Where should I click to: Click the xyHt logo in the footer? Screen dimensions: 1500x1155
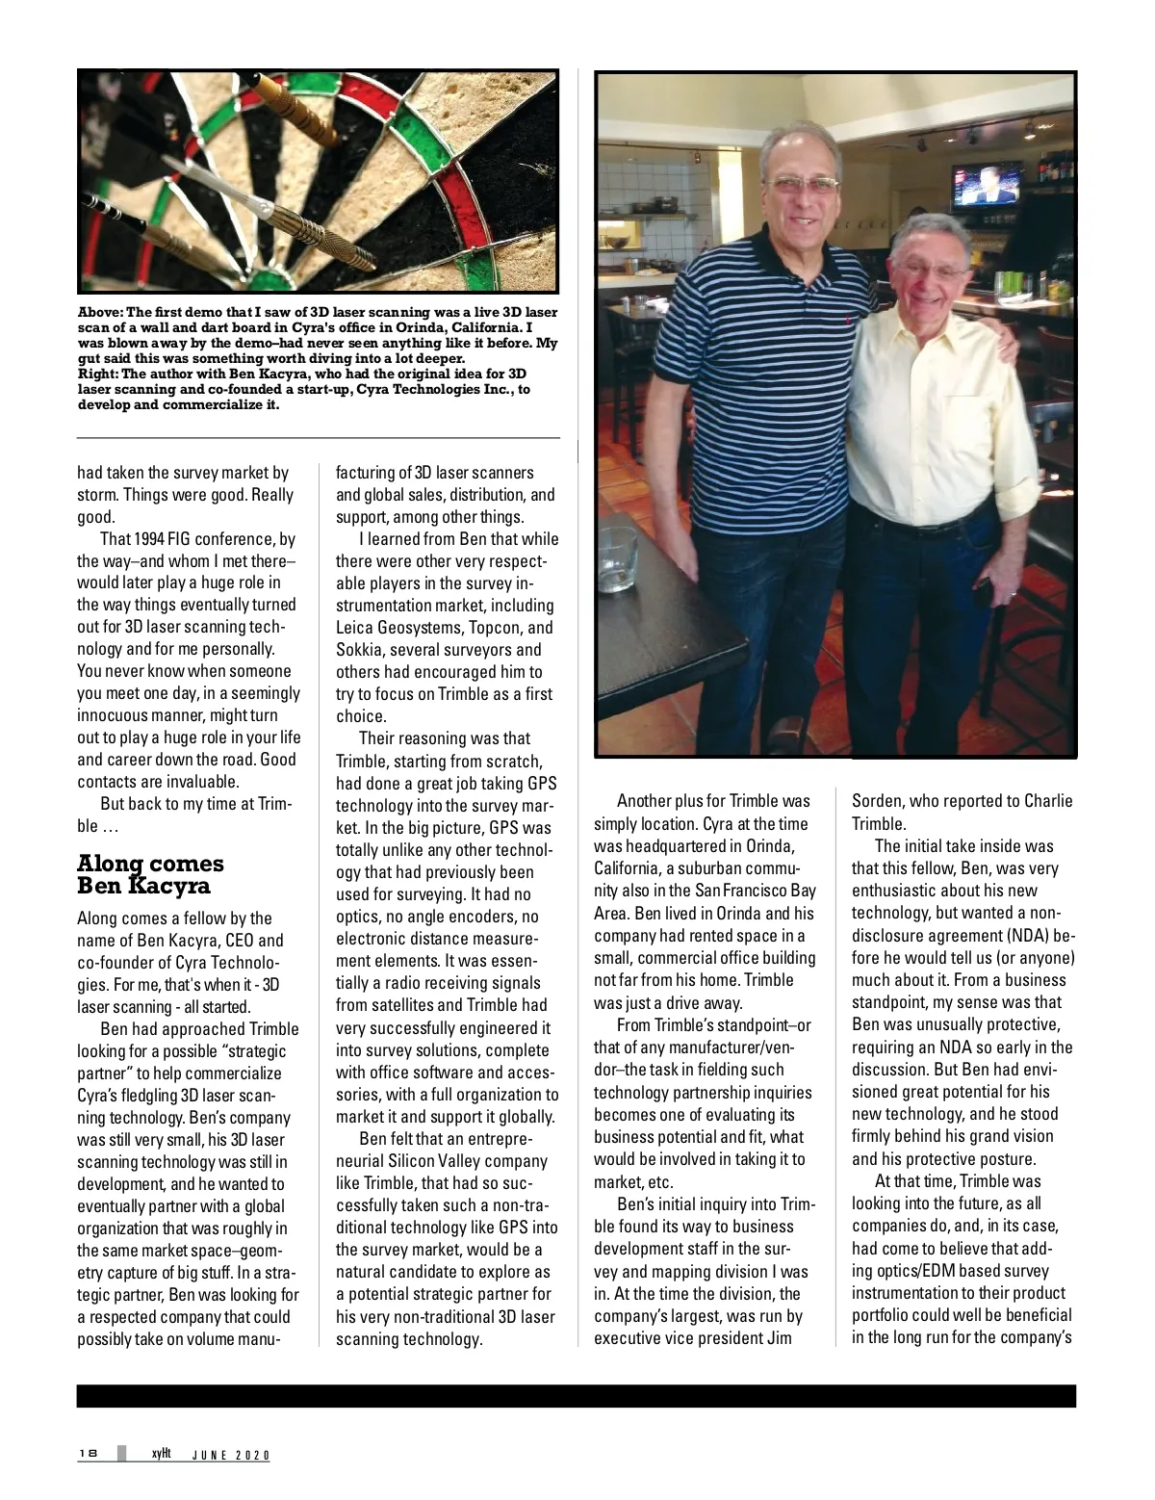[160, 1454]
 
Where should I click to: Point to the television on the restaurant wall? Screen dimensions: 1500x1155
[986, 186]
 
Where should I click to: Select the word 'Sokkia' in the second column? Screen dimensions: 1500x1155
[359, 650]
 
